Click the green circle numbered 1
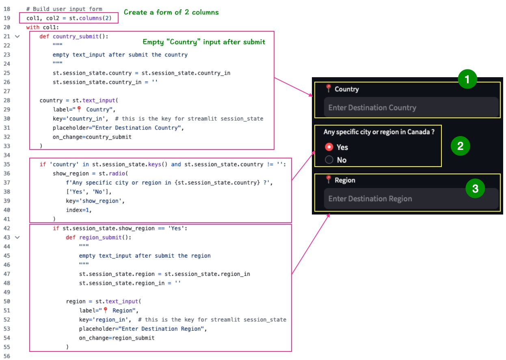(x=467, y=79)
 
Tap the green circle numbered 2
(x=460, y=146)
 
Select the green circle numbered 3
(x=475, y=189)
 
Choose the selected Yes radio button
(x=329, y=147)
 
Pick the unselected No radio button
(x=329, y=160)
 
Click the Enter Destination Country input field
(x=411, y=107)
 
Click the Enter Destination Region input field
(x=411, y=198)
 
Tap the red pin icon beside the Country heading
(x=329, y=88)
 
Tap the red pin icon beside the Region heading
(x=329, y=179)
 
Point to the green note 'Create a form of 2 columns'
(x=171, y=12)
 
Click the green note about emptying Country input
(x=204, y=42)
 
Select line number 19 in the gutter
(x=7, y=18)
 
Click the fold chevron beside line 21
(x=17, y=37)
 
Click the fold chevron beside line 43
(x=17, y=237)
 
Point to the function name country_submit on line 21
(x=76, y=37)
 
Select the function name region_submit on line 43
(x=100, y=237)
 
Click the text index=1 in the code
(x=78, y=210)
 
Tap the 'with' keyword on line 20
(x=33, y=27)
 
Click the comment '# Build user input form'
(x=64, y=9)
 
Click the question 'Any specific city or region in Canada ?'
(x=379, y=132)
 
